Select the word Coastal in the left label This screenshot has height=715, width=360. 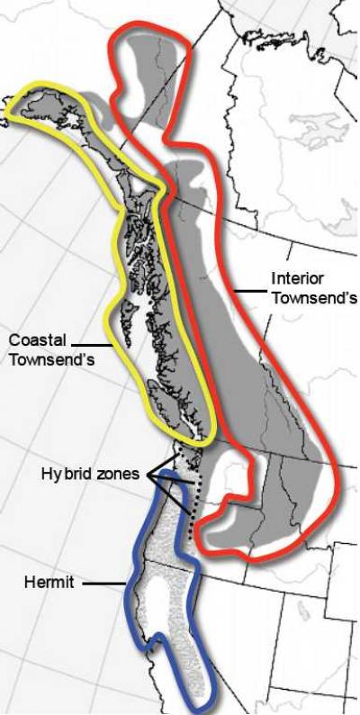pos(33,339)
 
